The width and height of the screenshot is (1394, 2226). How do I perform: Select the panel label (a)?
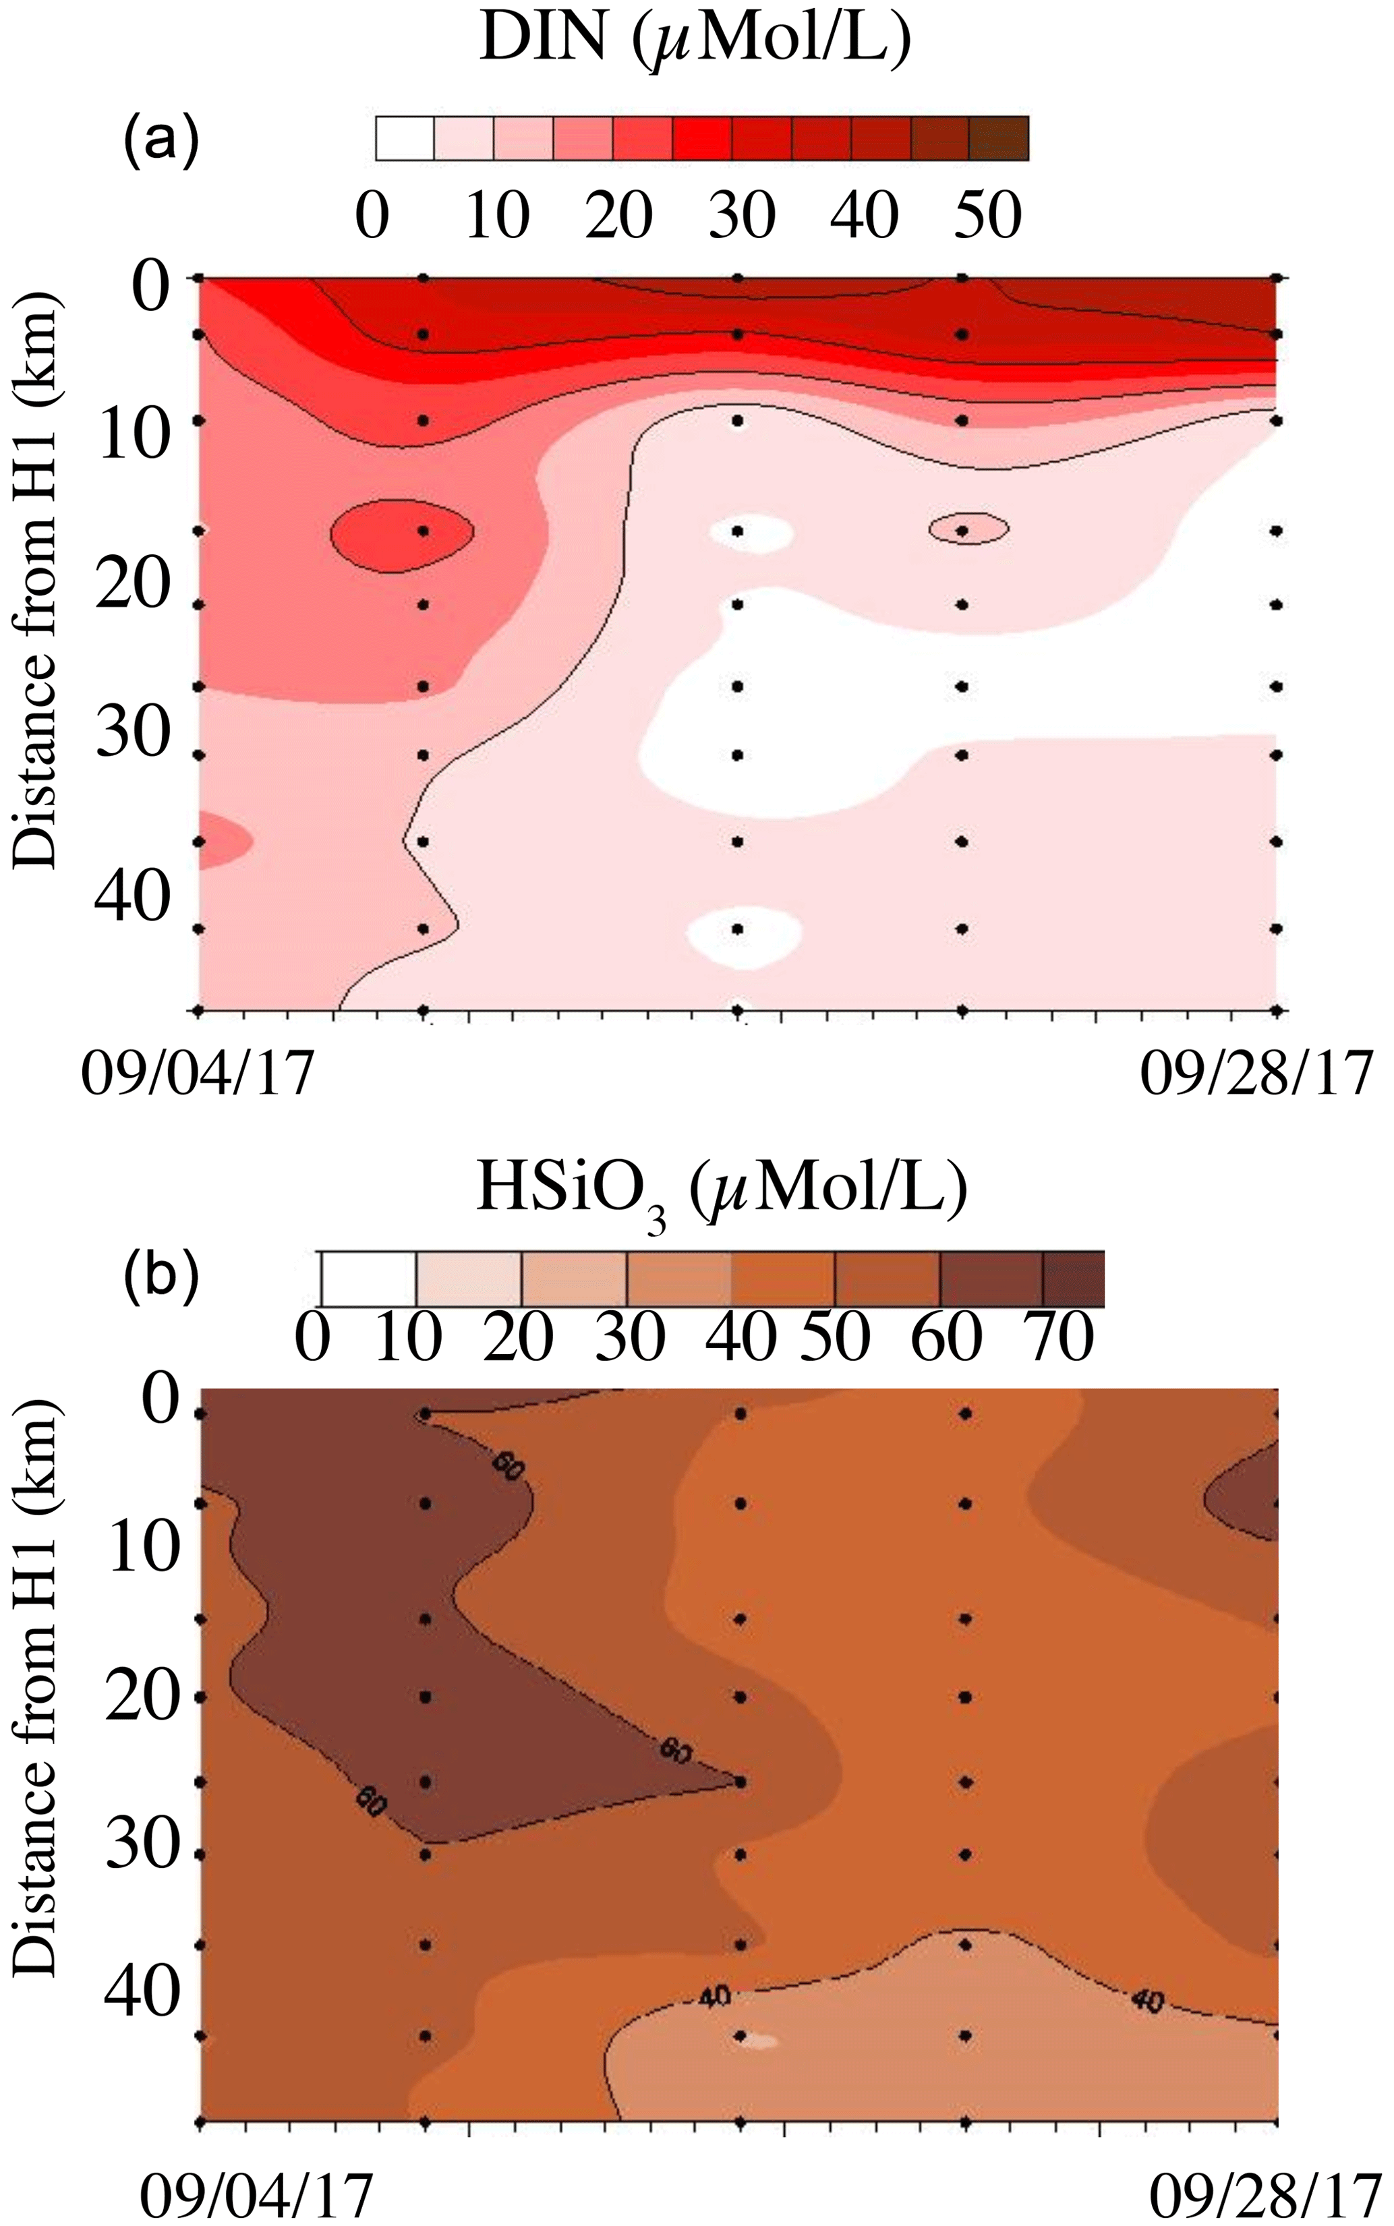[161, 141]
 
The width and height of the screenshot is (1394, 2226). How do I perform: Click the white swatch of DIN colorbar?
[405, 139]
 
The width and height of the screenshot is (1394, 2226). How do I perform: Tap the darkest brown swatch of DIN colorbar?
[999, 139]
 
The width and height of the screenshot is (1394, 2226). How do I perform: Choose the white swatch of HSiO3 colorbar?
[368, 1279]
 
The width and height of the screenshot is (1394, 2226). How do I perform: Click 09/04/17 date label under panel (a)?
[198, 1073]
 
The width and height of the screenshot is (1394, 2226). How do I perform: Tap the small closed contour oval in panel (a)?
[968, 528]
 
